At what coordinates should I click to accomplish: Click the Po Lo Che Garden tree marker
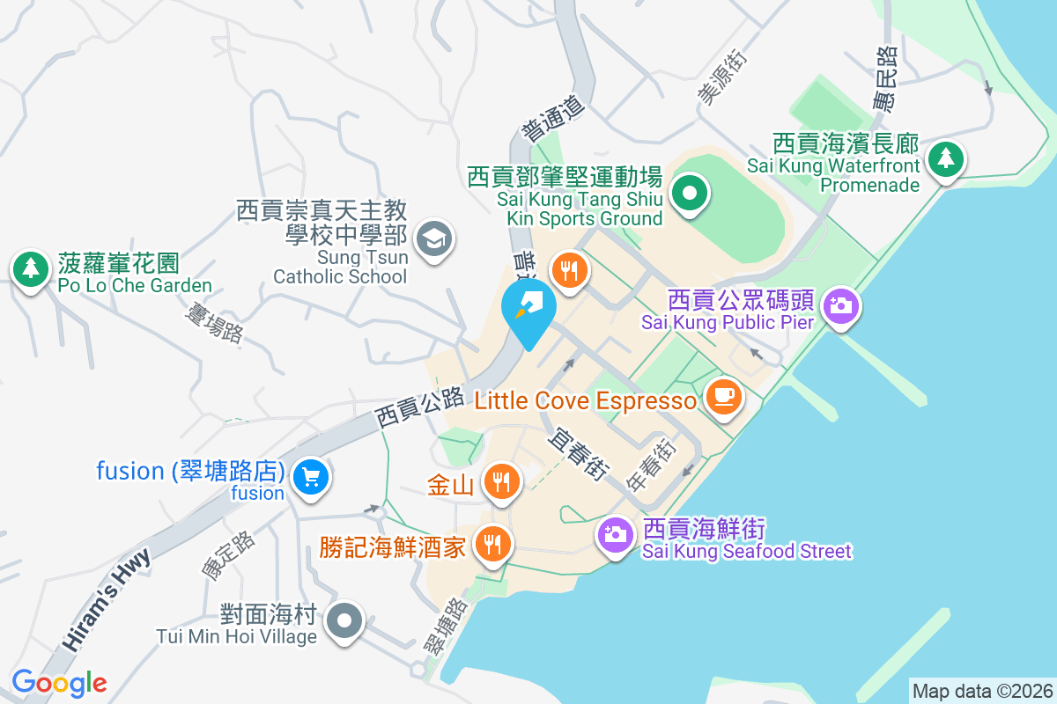point(32,268)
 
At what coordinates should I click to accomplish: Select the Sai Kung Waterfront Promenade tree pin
point(946,159)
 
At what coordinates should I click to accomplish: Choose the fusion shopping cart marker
point(310,478)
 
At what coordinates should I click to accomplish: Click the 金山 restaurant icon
point(500,481)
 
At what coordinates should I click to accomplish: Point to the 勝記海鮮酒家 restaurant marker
point(492,546)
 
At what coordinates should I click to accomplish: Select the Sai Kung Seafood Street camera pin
point(615,533)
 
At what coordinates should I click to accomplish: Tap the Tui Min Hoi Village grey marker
point(344,622)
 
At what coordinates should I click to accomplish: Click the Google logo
point(59,683)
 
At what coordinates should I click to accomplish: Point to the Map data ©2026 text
point(981,691)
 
